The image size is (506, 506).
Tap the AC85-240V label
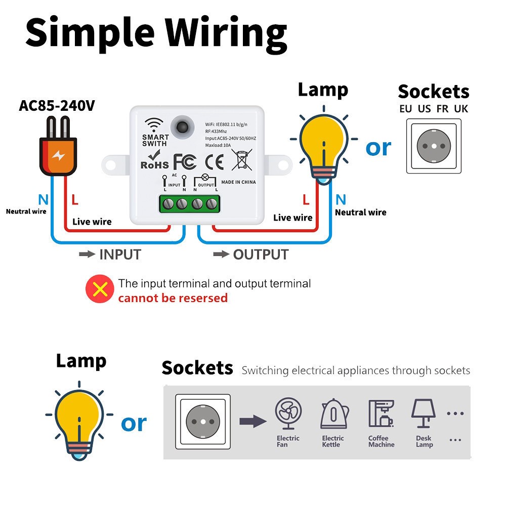point(57,106)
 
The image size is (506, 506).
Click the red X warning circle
point(100,289)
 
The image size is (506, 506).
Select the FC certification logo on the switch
point(185,161)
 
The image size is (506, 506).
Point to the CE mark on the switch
point(214,161)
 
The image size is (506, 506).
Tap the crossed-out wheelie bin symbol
point(241,159)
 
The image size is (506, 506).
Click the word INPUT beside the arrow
point(120,255)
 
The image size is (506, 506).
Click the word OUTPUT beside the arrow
point(261,255)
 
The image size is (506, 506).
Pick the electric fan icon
point(288,412)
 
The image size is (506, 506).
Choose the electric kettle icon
point(333,414)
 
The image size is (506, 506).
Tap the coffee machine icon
point(381,413)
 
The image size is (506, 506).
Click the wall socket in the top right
point(434,146)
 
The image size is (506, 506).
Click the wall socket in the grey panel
point(202,421)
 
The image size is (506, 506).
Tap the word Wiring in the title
point(226,32)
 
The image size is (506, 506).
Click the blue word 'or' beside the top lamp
point(378,147)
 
